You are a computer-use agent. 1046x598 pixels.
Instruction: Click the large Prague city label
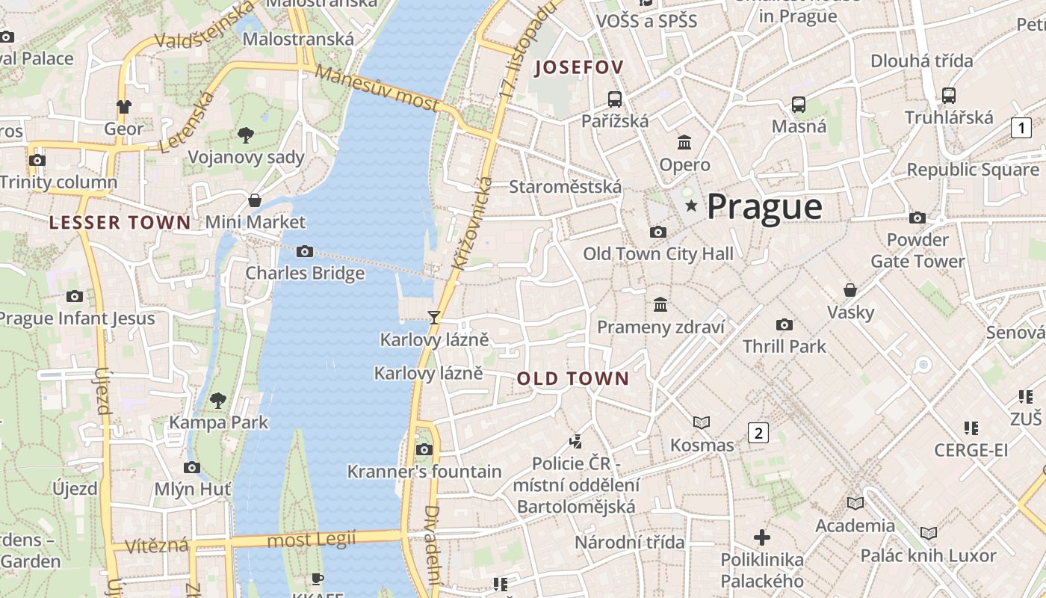click(764, 206)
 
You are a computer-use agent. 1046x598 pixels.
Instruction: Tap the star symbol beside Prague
click(692, 205)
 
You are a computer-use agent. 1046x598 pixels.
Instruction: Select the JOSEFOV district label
click(579, 67)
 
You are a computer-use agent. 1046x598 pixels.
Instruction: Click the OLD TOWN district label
click(573, 379)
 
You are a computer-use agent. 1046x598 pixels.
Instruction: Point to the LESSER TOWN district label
click(120, 222)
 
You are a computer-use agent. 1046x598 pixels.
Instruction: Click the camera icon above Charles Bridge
click(305, 251)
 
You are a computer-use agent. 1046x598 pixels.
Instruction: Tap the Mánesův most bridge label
click(377, 88)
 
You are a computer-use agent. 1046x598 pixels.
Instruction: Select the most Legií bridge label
click(312, 539)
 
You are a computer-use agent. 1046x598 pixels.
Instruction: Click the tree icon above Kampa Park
click(217, 401)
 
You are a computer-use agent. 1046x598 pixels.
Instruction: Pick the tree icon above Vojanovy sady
click(245, 135)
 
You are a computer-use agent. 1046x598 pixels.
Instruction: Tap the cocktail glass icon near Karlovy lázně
click(433, 317)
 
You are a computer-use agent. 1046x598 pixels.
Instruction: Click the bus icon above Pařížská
click(615, 99)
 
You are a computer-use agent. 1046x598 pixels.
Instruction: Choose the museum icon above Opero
click(684, 142)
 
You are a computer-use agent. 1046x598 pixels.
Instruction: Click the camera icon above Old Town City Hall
click(658, 232)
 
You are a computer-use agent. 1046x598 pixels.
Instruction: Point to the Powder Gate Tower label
click(917, 250)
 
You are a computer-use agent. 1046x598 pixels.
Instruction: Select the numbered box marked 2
click(758, 432)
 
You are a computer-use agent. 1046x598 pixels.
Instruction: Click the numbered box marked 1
click(1021, 128)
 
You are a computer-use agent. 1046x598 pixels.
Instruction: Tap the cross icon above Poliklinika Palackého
click(762, 537)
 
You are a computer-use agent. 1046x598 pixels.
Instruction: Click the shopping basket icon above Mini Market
click(255, 200)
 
